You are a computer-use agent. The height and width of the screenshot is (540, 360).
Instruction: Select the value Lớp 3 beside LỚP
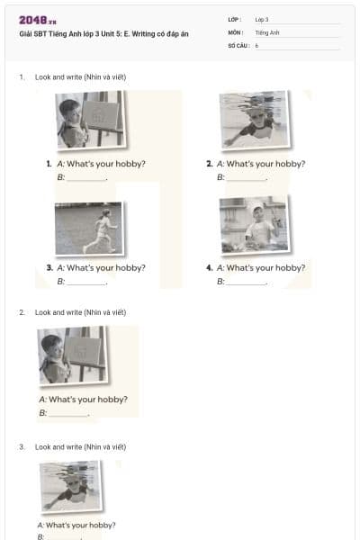(262, 19)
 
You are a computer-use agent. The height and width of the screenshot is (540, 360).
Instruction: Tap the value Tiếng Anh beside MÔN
(267, 31)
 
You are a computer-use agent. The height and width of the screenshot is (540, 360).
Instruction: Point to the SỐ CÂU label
(238, 44)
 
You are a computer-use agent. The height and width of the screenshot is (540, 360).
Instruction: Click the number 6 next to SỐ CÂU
(256, 44)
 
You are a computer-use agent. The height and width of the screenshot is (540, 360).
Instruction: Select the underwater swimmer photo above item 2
(254, 119)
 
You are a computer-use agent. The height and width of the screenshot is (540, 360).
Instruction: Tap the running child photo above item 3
(88, 228)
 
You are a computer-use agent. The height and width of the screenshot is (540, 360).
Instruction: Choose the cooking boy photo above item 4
(253, 224)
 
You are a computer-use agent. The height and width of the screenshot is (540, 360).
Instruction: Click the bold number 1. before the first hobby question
(49, 164)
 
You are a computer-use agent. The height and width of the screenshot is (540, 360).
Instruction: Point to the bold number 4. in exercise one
(209, 267)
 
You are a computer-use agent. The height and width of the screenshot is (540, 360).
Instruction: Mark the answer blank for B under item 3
(86, 283)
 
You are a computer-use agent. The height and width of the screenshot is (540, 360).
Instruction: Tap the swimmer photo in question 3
(70, 485)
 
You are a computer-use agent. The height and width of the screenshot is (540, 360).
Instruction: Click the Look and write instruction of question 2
(80, 312)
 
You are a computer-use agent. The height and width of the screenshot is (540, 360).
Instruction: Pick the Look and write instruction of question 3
(80, 446)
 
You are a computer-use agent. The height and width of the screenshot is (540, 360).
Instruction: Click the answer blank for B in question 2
(68, 415)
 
